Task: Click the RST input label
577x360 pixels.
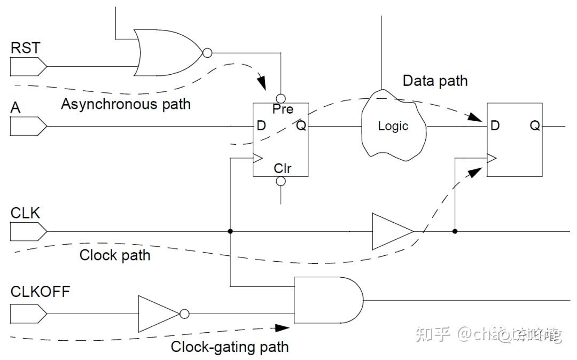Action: pyautogui.click(x=25, y=48)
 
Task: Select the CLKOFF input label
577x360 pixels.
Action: pyautogui.click(x=40, y=292)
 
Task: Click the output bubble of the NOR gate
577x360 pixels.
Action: pyautogui.click(x=207, y=53)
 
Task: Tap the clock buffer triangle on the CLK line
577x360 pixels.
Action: pyautogui.click(x=392, y=232)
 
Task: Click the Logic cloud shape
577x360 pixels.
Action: pyautogui.click(x=394, y=126)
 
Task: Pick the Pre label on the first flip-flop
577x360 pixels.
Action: pyautogui.click(x=283, y=109)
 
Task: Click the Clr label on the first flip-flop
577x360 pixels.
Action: pyautogui.click(x=283, y=168)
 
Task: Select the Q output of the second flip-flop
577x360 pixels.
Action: pyautogui.click(x=535, y=126)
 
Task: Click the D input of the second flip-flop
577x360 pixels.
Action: pyautogui.click(x=495, y=126)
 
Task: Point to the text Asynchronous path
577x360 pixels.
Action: pyautogui.click(x=126, y=104)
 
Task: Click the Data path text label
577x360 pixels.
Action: pyautogui.click(x=435, y=81)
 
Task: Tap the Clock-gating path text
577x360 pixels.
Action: pyautogui.click(x=230, y=347)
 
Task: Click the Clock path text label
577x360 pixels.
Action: pyautogui.click(x=115, y=255)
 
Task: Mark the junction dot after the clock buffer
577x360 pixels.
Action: pyautogui.click(x=455, y=232)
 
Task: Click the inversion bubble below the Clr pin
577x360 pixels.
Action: pyautogui.click(x=281, y=181)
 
